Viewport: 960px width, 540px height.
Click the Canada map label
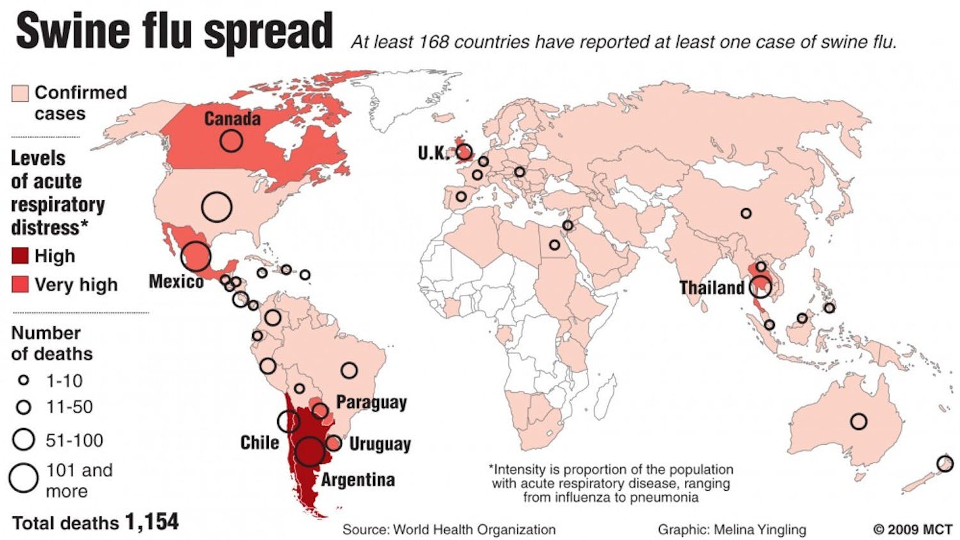click(x=232, y=119)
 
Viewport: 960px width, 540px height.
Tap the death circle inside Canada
click(x=231, y=140)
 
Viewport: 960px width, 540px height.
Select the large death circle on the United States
click(x=216, y=207)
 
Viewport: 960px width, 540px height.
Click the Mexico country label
click(x=176, y=282)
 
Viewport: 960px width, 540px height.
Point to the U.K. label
click(x=433, y=153)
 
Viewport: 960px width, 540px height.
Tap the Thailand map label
click(x=712, y=287)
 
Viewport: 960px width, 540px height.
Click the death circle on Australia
click(x=859, y=422)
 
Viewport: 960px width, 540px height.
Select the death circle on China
click(x=746, y=213)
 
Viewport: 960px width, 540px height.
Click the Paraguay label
click(x=371, y=402)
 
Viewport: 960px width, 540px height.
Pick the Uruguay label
click(x=380, y=444)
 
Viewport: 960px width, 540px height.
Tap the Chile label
click(x=259, y=443)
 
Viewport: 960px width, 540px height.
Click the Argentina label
click(x=358, y=480)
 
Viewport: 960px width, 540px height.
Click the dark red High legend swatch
click(x=20, y=256)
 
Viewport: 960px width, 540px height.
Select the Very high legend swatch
click(x=20, y=285)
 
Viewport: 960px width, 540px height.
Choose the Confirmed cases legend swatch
click(x=20, y=93)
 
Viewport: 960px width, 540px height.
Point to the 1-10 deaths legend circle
click(x=24, y=381)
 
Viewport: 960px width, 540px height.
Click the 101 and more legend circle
click(x=24, y=478)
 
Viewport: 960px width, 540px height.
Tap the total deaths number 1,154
click(x=152, y=522)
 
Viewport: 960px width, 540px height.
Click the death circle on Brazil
click(x=349, y=370)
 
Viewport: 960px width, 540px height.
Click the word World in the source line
click(x=413, y=530)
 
